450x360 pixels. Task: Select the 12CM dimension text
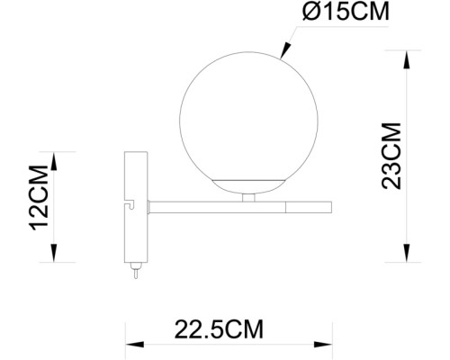pos(39,196)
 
